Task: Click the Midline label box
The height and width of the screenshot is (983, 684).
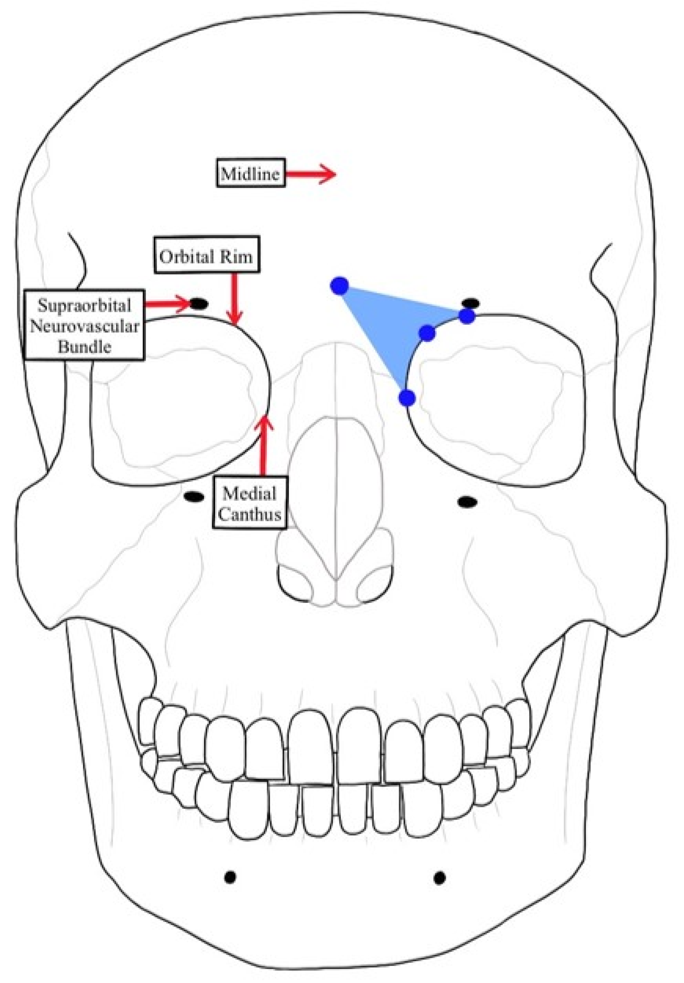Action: click(x=250, y=173)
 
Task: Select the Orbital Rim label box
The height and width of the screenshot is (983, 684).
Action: click(x=206, y=257)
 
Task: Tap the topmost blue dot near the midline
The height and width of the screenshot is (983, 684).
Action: click(x=340, y=286)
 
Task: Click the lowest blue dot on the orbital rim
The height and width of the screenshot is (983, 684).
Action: click(x=407, y=398)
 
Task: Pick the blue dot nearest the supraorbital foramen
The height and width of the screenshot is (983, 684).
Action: click(x=467, y=317)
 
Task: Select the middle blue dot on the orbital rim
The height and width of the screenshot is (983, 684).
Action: click(x=427, y=333)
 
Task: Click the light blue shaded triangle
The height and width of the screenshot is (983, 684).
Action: click(x=386, y=325)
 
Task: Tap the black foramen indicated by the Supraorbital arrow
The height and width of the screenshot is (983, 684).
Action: click(x=198, y=304)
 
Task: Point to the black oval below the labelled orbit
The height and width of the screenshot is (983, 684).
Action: click(x=193, y=497)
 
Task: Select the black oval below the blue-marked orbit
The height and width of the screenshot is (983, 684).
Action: click(x=467, y=502)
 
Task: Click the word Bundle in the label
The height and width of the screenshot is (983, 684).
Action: click(x=85, y=347)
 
